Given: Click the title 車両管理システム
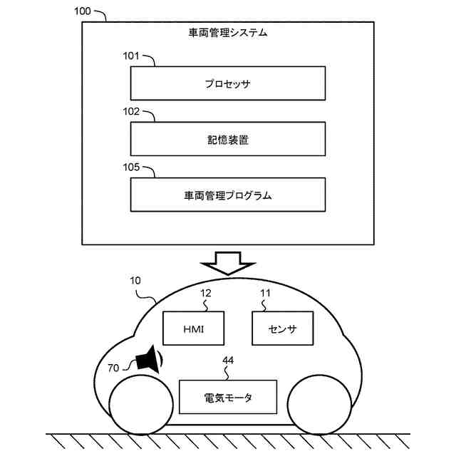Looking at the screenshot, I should (x=228, y=32).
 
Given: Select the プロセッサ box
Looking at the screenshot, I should (x=227, y=83).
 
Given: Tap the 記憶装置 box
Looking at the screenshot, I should (x=227, y=140).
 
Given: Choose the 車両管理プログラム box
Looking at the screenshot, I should (x=227, y=195).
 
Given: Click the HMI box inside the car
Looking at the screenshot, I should (x=193, y=329).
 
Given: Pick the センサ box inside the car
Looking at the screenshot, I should (x=282, y=329).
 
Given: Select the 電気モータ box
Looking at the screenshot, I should (x=228, y=397).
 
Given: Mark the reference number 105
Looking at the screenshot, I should (x=133, y=167).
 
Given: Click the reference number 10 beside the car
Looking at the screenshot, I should (x=138, y=282).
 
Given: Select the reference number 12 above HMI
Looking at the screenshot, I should (x=205, y=292).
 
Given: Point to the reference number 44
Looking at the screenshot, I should (x=228, y=361).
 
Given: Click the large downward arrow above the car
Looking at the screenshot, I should (x=228, y=262).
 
